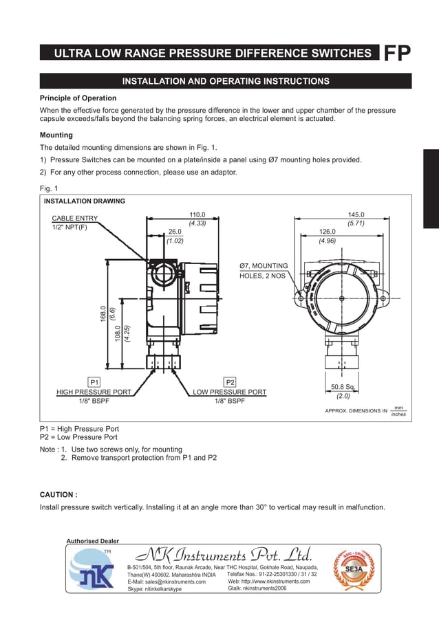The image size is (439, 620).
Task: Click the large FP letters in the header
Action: (x=397, y=54)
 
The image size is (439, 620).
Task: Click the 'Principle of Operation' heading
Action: (x=78, y=98)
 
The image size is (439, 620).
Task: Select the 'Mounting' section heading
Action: (x=56, y=135)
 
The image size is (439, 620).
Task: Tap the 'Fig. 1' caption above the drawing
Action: (x=49, y=188)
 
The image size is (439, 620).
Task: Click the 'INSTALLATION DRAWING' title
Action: (x=85, y=201)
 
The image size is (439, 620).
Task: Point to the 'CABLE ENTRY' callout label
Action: (x=75, y=219)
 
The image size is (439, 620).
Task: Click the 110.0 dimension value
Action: (x=197, y=214)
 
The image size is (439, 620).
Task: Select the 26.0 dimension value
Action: (x=175, y=232)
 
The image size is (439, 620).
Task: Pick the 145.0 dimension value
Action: (x=356, y=214)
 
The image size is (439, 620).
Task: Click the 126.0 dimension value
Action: (x=327, y=232)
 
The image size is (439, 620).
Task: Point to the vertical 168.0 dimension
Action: (x=103, y=314)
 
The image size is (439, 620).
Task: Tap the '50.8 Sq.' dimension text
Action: (x=343, y=387)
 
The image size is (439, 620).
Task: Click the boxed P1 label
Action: (x=94, y=381)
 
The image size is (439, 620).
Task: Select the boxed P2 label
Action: (x=230, y=381)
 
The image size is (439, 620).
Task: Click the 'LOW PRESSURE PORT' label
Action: (x=230, y=392)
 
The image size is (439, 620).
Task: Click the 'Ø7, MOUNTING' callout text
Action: (x=264, y=266)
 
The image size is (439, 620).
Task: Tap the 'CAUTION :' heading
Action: (x=58, y=494)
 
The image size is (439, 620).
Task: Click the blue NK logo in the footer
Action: (x=92, y=572)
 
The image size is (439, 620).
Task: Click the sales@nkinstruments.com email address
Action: (x=167, y=582)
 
